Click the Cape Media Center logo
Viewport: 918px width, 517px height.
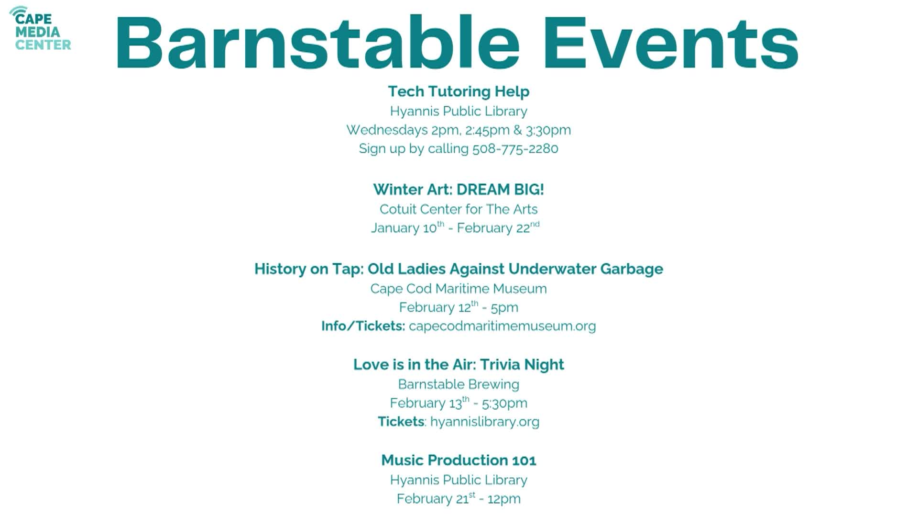pyautogui.click(x=40, y=29)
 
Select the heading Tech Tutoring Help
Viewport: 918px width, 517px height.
pyautogui.click(x=459, y=91)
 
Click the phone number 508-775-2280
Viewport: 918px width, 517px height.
pyautogui.click(x=515, y=149)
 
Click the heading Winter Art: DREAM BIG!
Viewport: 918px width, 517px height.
pyautogui.click(x=459, y=190)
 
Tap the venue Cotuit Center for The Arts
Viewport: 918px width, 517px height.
pyautogui.click(x=459, y=209)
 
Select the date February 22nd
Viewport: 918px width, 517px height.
pyautogui.click(x=498, y=228)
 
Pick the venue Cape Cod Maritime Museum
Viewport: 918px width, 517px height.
pyautogui.click(x=459, y=289)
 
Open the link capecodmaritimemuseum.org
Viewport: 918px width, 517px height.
pyautogui.click(x=502, y=326)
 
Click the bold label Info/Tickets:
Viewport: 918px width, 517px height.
pyautogui.click(x=363, y=326)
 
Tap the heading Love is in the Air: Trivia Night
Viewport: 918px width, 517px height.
pyautogui.click(x=459, y=365)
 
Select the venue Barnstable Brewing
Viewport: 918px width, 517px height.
pyautogui.click(x=459, y=384)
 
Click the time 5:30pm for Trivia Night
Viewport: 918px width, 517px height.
pyautogui.click(x=504, y=404)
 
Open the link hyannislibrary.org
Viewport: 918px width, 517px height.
pyautogui.click(x=484, y=422)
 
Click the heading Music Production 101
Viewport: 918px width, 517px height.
pyautogui.click(x=459, y=461)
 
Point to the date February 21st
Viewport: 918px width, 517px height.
pyautogui.click(x=436, y=499)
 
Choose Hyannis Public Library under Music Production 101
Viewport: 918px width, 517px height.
pyautogui.click(x=459, y=480)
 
